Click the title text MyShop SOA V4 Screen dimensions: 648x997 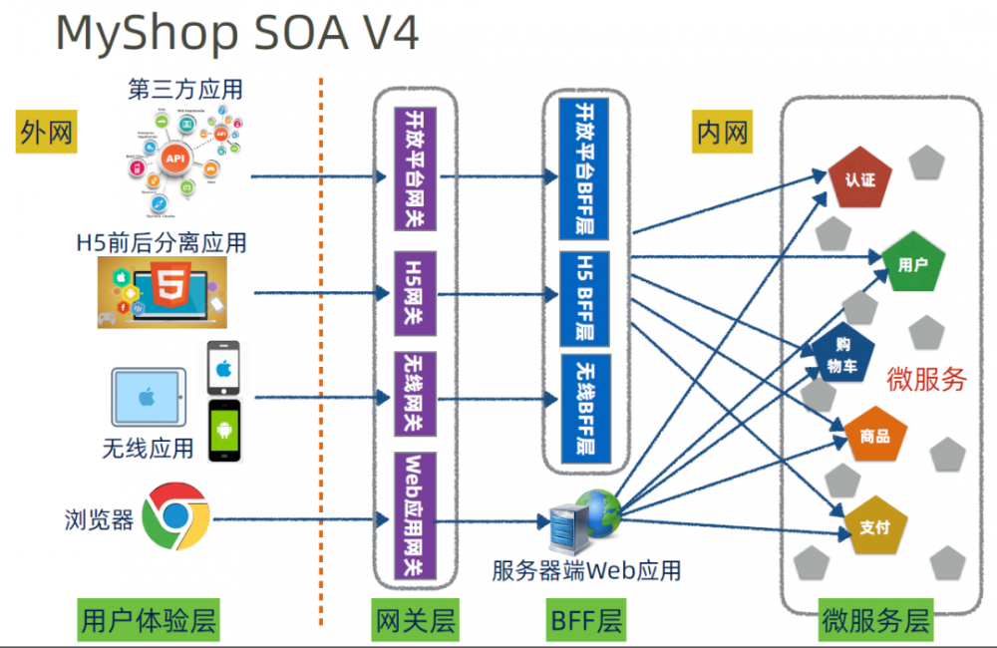click(237, 32)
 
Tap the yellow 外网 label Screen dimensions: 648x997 click(46, 133)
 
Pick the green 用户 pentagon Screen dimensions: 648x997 click(912, 264)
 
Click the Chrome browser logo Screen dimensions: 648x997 click(174, 516)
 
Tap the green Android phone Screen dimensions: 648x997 click(224, 431)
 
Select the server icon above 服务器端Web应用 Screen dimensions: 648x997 click(564, 520)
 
